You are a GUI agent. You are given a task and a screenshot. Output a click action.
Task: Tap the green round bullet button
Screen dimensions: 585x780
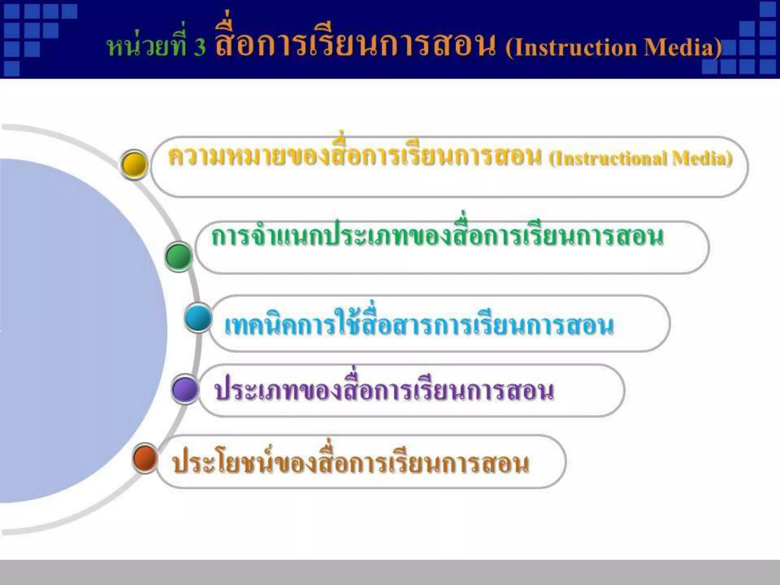pos(179,256)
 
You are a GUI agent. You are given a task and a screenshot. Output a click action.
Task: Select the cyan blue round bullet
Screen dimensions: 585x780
pos(198,318)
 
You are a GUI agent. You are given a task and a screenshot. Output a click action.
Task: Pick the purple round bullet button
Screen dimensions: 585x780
pos(185,389)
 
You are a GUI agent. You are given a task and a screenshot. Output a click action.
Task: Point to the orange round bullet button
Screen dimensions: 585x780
pos(145,458)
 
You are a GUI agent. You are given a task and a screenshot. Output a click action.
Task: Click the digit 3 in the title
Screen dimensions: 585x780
pos(199,48)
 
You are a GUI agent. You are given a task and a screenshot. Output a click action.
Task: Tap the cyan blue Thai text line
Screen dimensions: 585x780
pos(419,326)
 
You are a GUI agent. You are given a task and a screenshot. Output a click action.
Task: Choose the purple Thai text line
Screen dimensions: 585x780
pos(384,390)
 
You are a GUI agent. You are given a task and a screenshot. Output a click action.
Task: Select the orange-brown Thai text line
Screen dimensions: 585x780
pos(350,463)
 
